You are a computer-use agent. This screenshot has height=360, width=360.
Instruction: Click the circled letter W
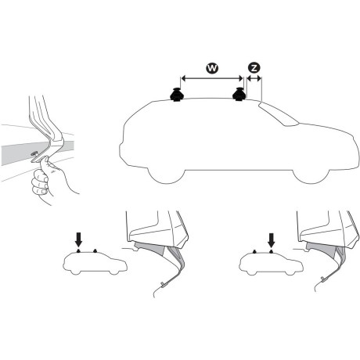click(211, 70)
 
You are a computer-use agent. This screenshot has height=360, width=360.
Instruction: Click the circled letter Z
click(254, 70)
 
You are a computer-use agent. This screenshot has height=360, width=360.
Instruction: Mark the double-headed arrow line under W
click(211, 78)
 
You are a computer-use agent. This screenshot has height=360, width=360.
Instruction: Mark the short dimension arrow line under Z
click(254, 78)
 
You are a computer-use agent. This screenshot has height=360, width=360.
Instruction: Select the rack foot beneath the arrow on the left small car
click(78, 252)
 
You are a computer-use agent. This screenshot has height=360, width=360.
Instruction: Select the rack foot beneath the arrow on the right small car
click(271, 252)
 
